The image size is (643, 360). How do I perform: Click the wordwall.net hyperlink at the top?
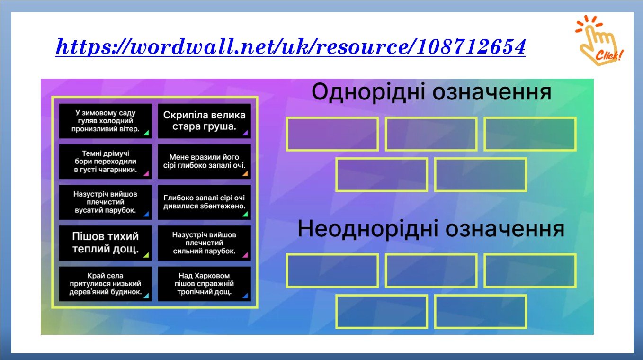(290, 46)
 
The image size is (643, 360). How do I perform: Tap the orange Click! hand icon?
(599, 40)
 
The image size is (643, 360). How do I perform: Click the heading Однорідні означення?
(431, 92)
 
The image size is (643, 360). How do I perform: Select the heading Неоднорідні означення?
(431, 229)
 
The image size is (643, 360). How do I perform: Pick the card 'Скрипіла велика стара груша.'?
(204, 121)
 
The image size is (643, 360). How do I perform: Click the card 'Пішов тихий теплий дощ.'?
(105, 243)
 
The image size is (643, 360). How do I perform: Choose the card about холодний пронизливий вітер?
(105, 121)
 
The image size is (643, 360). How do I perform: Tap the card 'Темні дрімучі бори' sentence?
(105, 162)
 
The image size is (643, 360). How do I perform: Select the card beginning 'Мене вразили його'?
(204, 162)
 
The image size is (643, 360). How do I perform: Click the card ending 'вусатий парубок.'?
(105, 202)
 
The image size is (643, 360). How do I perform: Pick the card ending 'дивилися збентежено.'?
(204, 202)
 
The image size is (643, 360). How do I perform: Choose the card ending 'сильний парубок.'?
(204, 243)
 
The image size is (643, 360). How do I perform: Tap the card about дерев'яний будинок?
(105, 284)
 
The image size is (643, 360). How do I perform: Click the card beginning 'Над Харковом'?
(204, 284)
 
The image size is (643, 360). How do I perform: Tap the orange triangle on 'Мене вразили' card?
(245, 173)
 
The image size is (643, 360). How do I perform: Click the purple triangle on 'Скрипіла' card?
(245, 133)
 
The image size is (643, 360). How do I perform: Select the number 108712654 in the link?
(471, 46)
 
